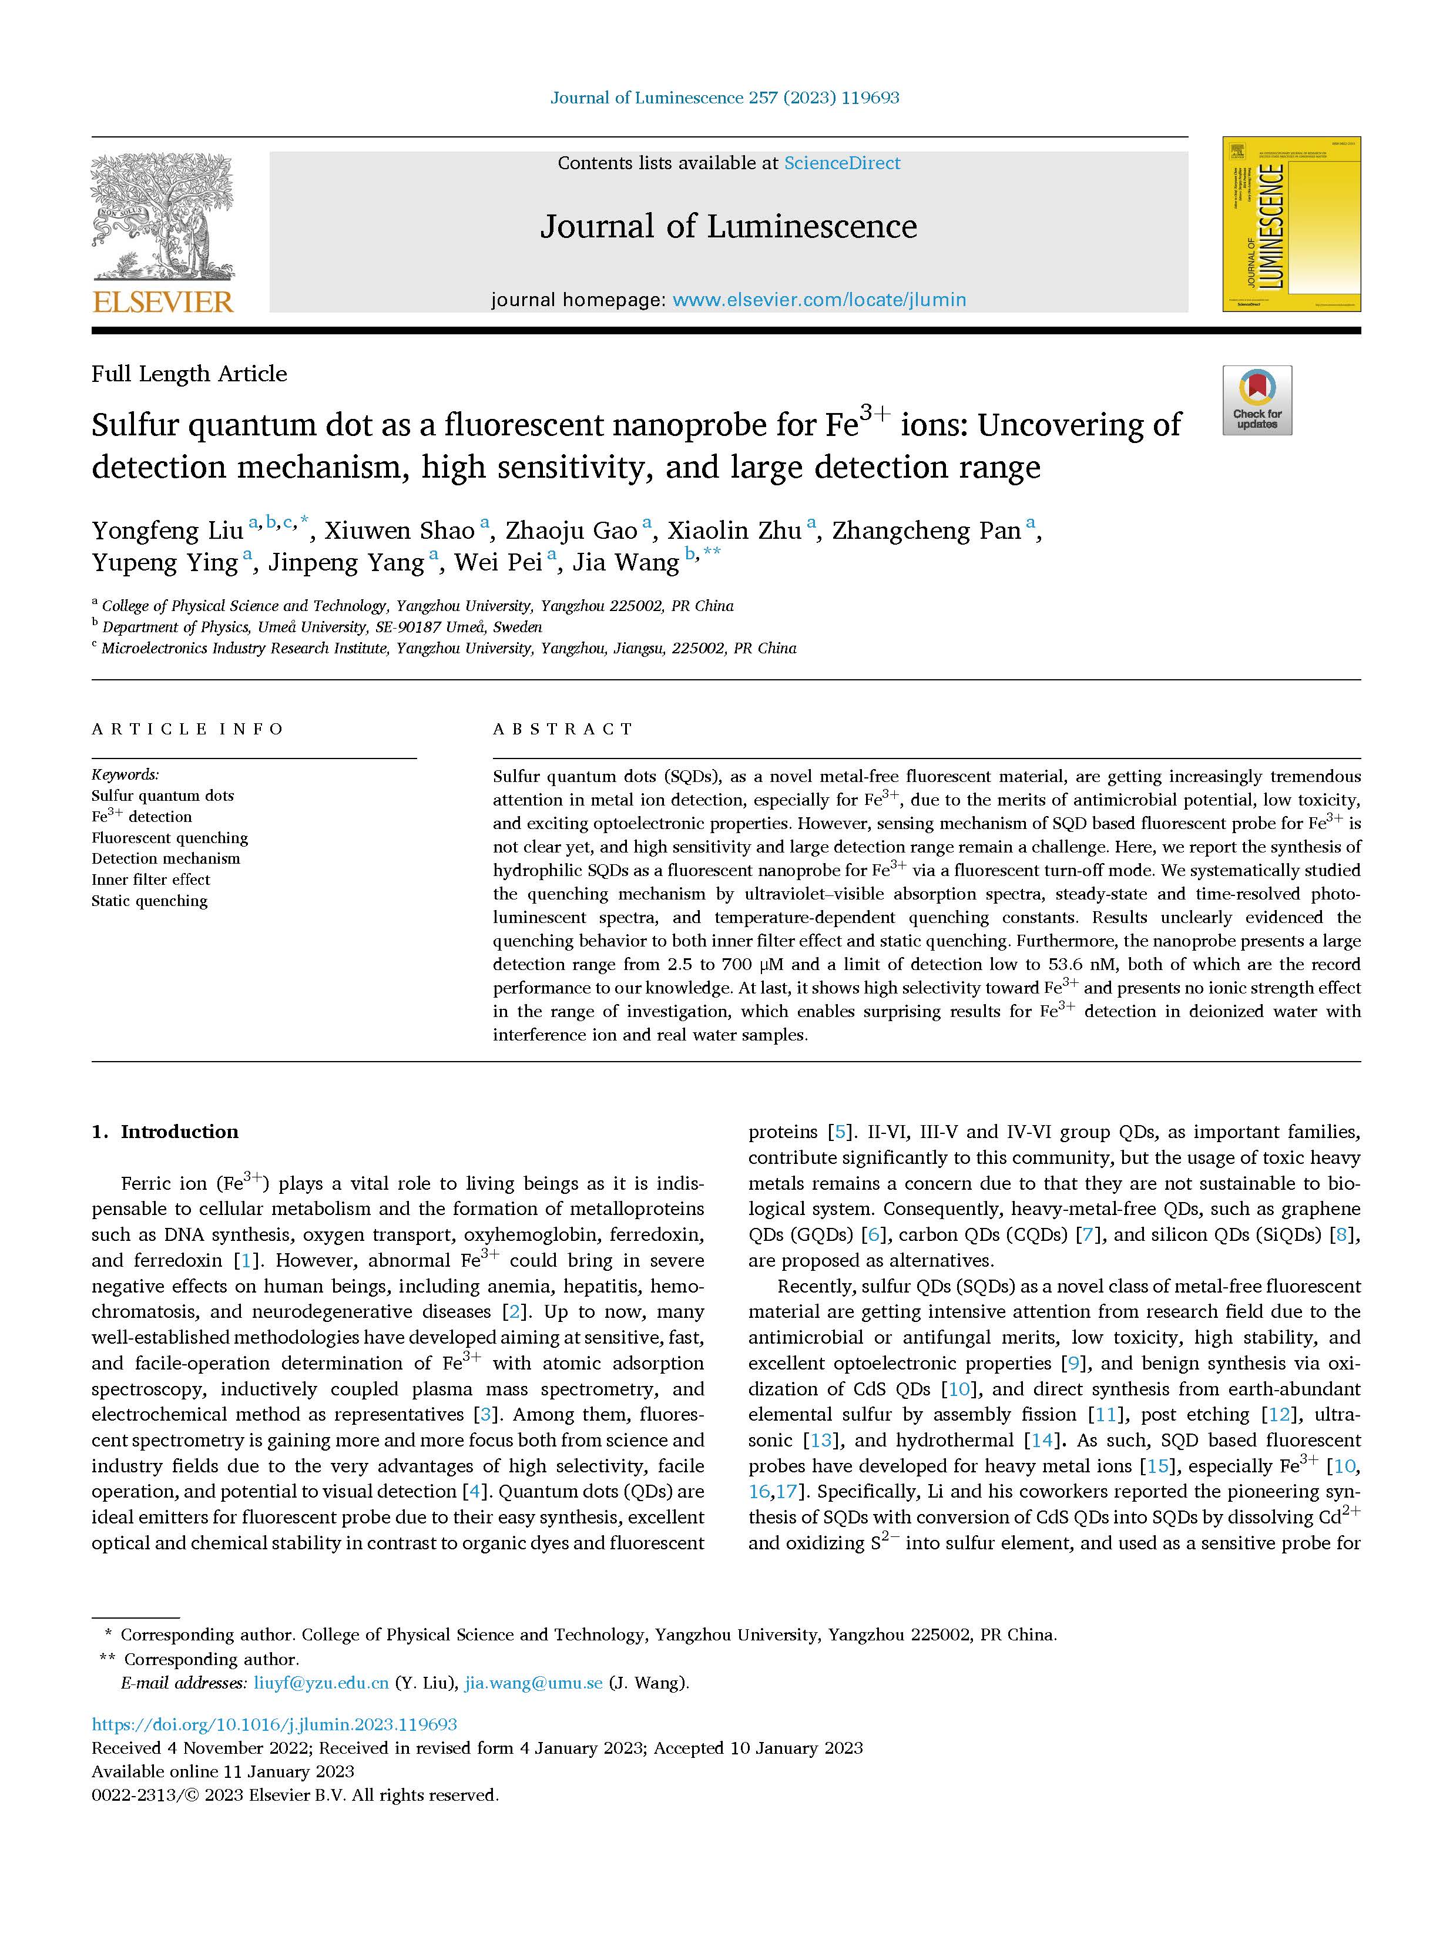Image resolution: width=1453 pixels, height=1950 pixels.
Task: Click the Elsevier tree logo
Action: tap(163, 216)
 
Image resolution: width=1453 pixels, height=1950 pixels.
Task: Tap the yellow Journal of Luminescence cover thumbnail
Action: tap(1290, 224)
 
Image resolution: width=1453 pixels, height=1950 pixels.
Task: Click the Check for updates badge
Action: tap(1257, 400)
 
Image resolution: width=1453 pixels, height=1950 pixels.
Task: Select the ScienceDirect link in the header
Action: tap(842, 163)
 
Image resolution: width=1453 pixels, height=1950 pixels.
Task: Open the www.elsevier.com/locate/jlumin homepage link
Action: tap(819, 300)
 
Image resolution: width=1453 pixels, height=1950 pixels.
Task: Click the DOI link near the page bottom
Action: tap(274, 1725)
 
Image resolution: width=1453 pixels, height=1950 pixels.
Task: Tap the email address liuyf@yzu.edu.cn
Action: tap(321, 1683)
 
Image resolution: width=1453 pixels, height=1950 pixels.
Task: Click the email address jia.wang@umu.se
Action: tap(534, 1683)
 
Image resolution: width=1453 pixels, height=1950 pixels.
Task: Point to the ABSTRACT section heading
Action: tap(563, 729)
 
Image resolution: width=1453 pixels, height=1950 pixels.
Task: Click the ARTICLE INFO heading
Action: tap(188, 729)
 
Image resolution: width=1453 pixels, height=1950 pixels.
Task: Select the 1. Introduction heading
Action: tap(165, 1132)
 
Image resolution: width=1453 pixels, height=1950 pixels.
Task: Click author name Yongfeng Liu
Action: tap(167, 531)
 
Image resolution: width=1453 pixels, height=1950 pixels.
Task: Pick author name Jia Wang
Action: tap(625, 563)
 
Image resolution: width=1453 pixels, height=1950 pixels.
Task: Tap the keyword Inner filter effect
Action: tap(150, 880)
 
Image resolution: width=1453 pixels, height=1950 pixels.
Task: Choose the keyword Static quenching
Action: tap(149, 901)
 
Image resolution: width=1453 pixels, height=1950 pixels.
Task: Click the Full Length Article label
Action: tap(189, 374)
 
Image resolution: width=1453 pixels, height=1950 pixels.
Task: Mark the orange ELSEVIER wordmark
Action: tap(163, 303)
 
